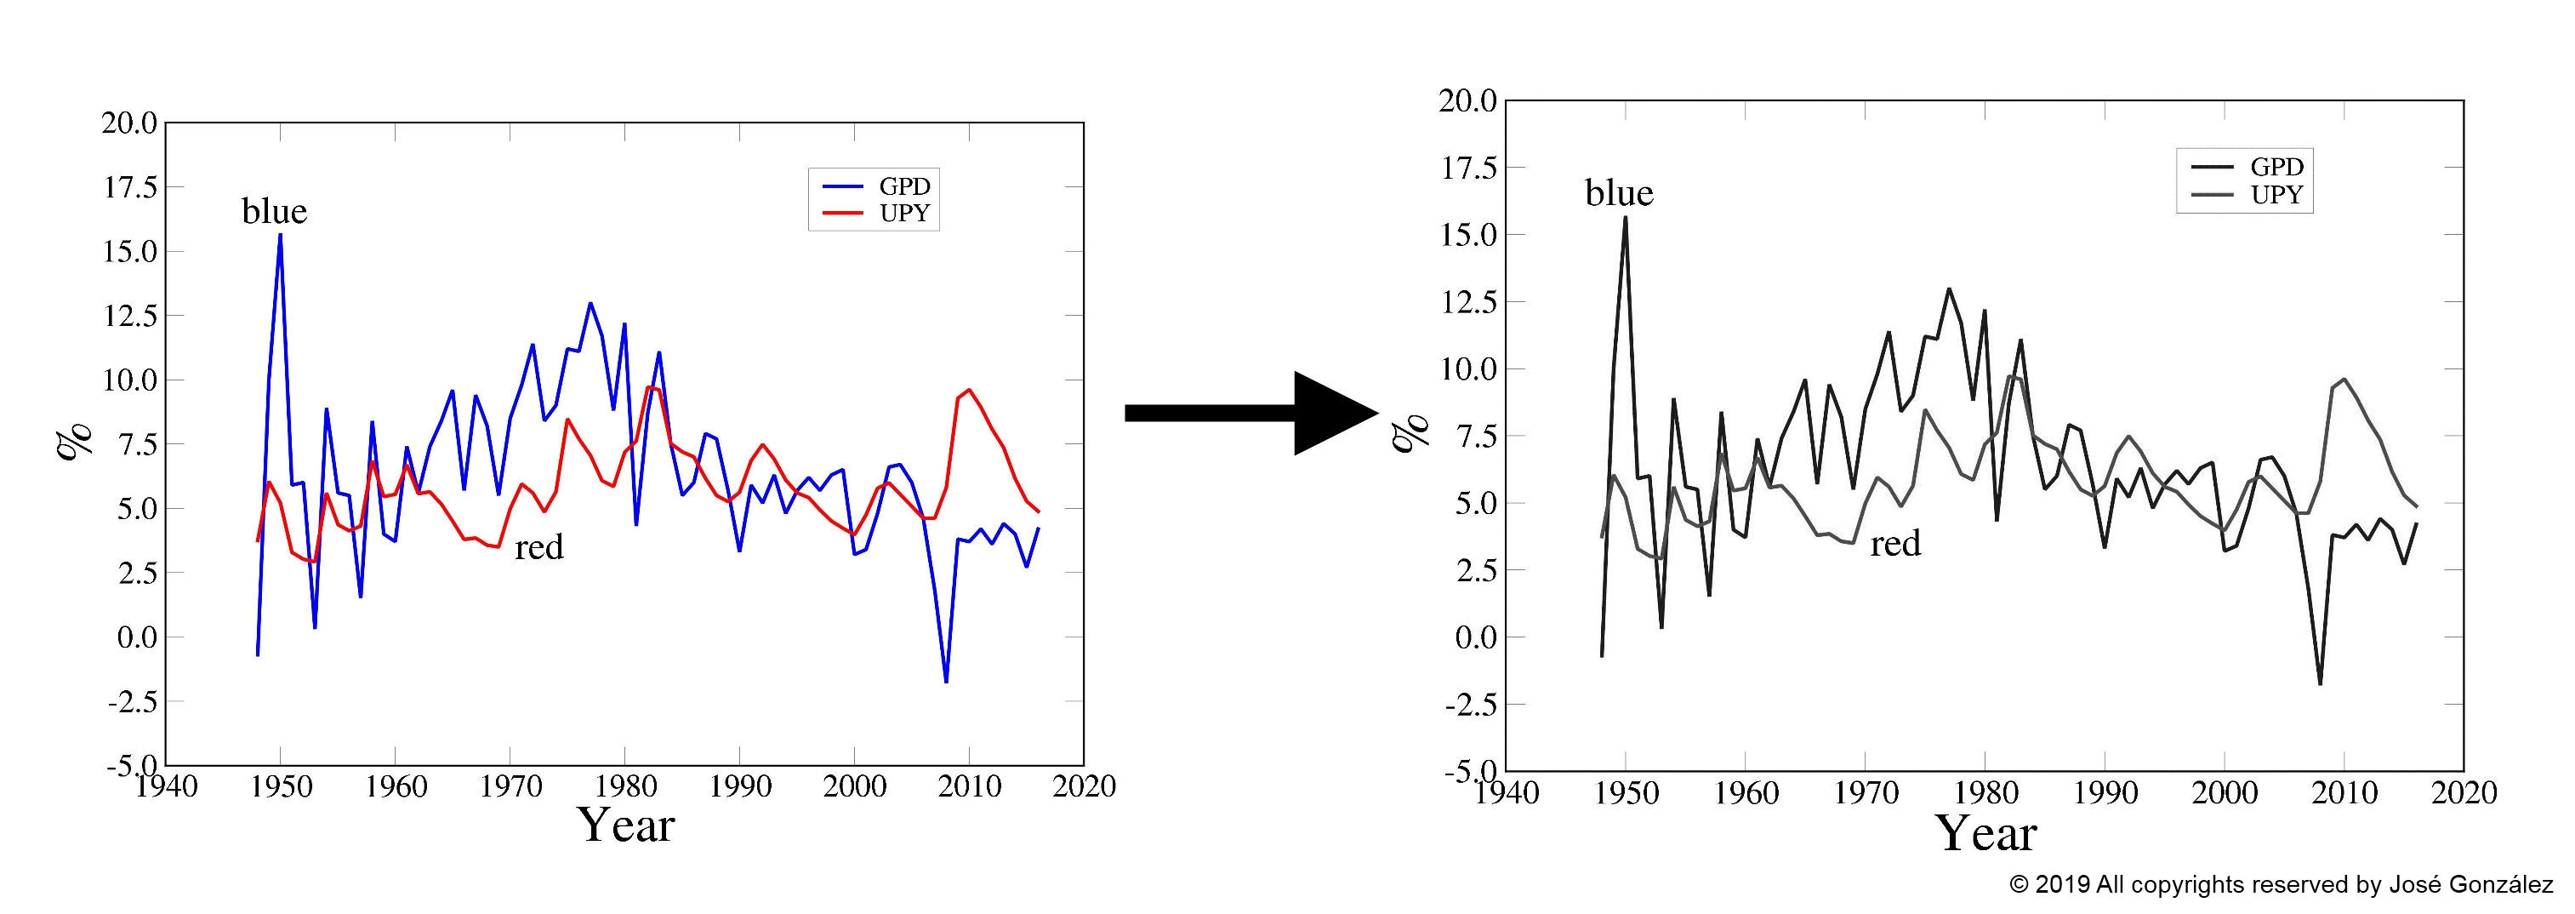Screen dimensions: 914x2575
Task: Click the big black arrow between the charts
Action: tap(1250, 413)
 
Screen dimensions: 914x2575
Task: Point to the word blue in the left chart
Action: tap(274, 211)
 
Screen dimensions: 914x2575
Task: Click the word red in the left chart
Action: tap(538, 546)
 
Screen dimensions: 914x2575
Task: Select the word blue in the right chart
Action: tap(1618, 192)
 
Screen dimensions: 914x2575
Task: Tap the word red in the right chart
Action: tap(1895, 543)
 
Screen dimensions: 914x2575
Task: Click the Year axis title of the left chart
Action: tap(627, 825)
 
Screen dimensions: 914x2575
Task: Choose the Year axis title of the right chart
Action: tap(1985, 833)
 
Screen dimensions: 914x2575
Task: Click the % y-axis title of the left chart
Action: tap(75, 440)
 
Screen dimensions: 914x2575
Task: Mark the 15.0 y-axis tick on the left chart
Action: tap(130, 251)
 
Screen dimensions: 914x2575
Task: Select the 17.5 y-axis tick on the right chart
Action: tap(1467, 168)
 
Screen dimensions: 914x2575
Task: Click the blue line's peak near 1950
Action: tap(281, 234)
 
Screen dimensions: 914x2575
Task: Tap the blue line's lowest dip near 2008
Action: tap(946, 681)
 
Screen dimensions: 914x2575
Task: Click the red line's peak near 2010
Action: tap(969, 390)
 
